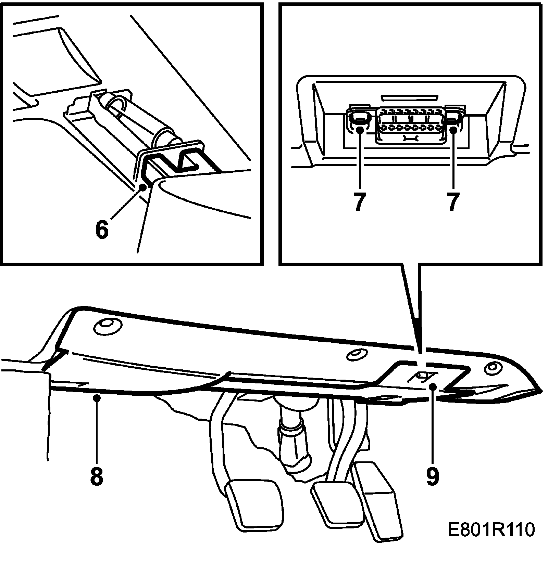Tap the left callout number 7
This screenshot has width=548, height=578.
(359, 201)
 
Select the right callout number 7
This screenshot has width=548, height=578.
(453, 201)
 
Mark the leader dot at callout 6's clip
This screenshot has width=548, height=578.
(143, 187)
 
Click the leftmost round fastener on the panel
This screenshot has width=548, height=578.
(106, 327)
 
